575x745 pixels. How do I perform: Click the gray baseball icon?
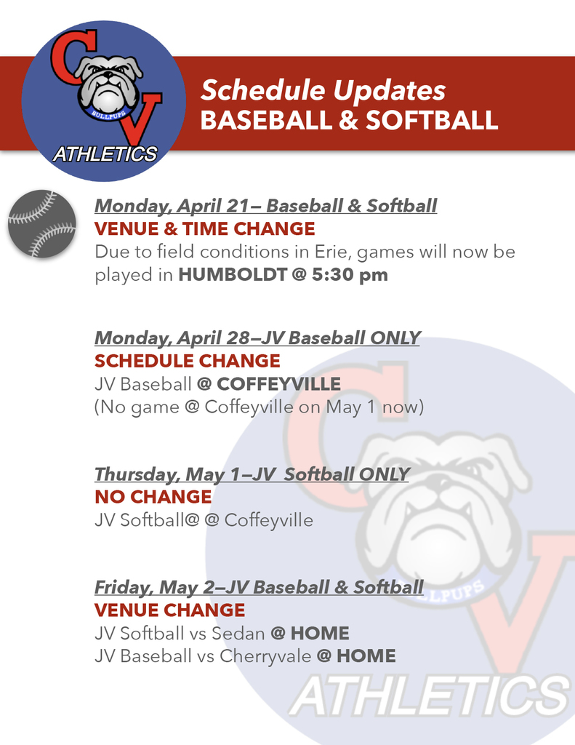42,223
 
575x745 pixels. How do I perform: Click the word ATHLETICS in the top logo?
105,154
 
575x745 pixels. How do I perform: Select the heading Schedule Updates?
323,91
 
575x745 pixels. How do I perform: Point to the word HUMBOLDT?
232,275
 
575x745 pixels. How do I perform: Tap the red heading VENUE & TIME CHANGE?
205,229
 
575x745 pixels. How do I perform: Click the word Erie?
330,252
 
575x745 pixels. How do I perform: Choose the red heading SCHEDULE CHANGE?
188,361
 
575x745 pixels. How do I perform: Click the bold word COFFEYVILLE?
278,383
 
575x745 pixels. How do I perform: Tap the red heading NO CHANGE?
153,497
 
